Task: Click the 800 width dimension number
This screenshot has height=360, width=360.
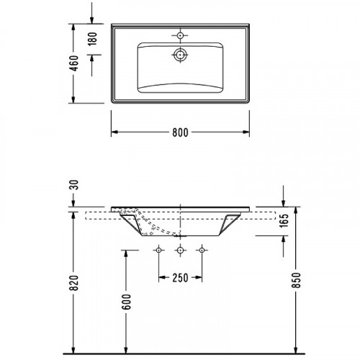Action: click(x=180, y=132)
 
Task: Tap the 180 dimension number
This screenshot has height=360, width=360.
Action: click(x=91, y=39)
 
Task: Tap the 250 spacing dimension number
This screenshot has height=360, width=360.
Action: click(x=180, y=278)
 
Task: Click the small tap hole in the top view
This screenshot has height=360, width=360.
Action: click(x=179, y=34)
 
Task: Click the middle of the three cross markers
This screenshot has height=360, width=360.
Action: click(x=180, y=250)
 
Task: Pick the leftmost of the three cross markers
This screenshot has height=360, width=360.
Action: click(x=158, y=250)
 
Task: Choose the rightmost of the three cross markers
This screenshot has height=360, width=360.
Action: click(x=202, y=250)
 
